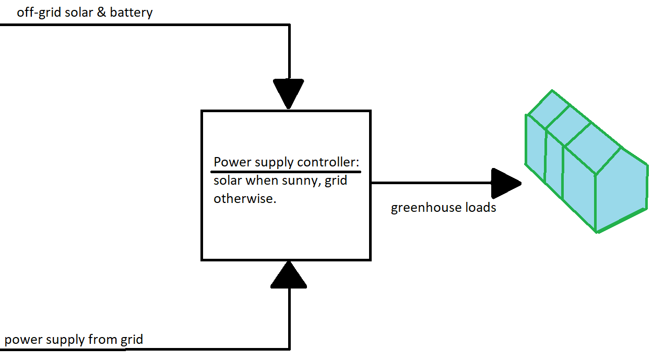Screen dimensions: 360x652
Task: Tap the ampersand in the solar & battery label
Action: (x=100, y=13)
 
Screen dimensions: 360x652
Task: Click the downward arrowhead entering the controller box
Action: (x=288, y=93)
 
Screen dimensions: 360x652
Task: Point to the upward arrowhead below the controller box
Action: (x=288, y=275)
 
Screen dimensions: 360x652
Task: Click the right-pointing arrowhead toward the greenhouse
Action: (x=506, y=183)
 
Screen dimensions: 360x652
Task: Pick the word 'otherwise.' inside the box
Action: (x=244, y=199)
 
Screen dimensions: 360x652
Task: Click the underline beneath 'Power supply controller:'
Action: (x=286, y=171)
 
